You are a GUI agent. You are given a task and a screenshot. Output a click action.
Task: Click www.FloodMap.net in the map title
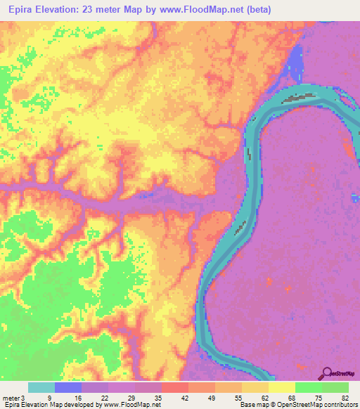pos(202,10)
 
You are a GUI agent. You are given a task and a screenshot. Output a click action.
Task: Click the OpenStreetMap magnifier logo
pos(328,372)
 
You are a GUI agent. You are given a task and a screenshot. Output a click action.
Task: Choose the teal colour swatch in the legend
pos(41,387)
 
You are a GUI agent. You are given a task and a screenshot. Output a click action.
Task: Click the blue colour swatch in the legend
pos(68,387)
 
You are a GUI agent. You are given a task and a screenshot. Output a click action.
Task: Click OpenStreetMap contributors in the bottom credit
pos(320,405)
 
